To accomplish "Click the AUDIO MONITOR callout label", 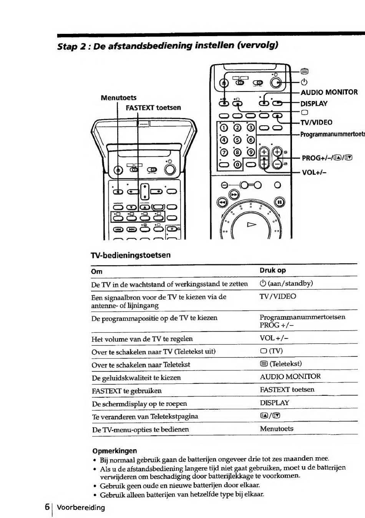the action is click(329, 92).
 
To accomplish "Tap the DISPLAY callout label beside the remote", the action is click(314, 104).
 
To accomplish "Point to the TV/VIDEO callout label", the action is click(316, 122).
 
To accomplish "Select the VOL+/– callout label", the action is click(314, 173).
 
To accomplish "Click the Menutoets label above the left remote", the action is click(119, 98).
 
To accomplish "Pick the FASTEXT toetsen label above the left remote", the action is click(153, 108).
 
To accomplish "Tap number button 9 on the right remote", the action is click(251, 153).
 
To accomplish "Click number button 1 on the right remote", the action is click(224, 128).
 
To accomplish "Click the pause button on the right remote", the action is click(279, 203).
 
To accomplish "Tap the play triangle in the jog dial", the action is click(252, 224).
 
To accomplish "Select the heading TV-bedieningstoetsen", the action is click(131, 255).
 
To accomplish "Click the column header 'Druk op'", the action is click(272, 270).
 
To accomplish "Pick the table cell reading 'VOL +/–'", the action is click(274, 338).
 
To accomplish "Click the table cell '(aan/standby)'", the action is click(286, 283).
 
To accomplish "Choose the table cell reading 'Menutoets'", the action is click(277, 428).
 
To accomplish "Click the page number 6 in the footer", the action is click(47, 507).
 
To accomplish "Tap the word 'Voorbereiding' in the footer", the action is click(81, 508).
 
